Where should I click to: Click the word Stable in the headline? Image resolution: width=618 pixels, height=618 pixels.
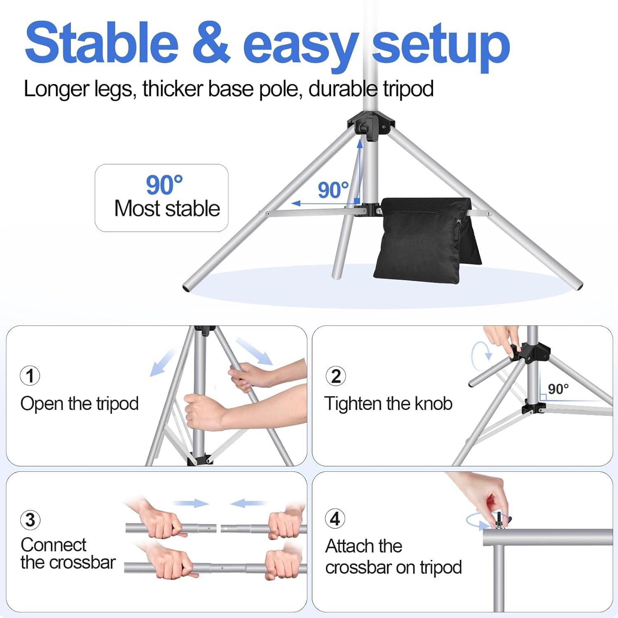pyautogui.click(x=101, y=43)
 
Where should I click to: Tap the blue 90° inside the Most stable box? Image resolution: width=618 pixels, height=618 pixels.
pyautogui.click(x=164, y=185)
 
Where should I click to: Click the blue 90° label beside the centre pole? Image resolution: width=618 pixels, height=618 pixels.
pyautogui.click(x=333, y=190)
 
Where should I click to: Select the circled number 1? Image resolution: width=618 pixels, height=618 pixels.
pyautogui.click(x=30, y=376)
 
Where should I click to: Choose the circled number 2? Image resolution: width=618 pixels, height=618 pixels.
pyautogui.click(x=336, y=376)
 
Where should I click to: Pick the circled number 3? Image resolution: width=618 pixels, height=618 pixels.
pyautogui.click(x=30, y=520)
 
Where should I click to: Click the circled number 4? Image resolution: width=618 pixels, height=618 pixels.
pyautogui.click(x=335, y=518)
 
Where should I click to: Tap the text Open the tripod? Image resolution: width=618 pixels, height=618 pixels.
pyautogui.click(x=80, y=404)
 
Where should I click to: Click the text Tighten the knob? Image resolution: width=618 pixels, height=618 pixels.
pyautogui.click(x=388, y=404)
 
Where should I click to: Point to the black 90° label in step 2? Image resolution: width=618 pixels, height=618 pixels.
pyautogui.click(x=558, y=389)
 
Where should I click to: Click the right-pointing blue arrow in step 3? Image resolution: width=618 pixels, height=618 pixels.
pyautogui.click(x=191, y=503)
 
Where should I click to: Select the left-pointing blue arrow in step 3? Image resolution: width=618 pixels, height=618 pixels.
pyautogui.click(x=248, y=503)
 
